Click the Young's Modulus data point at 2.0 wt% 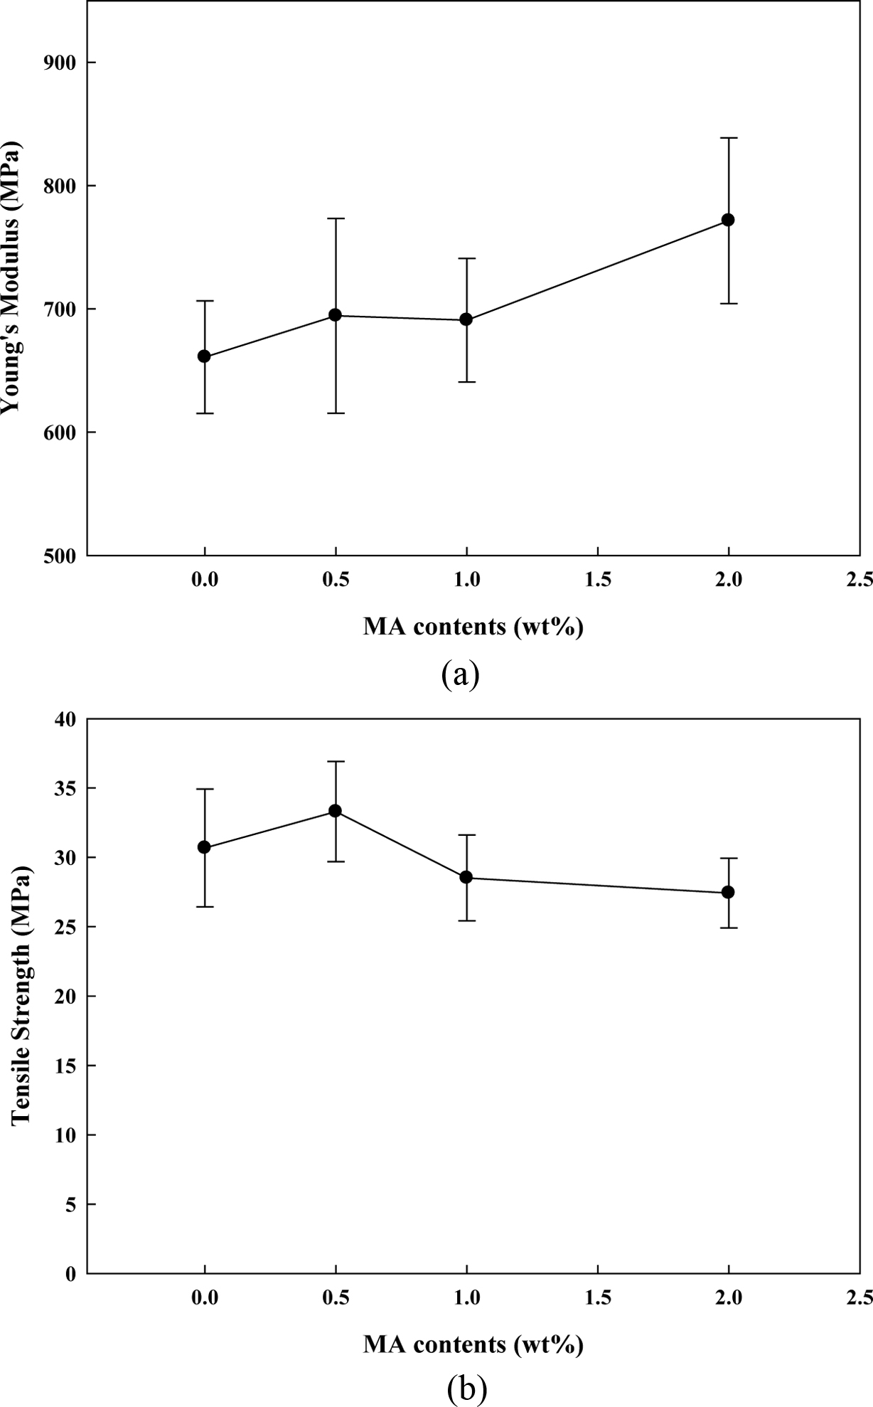(728, 220)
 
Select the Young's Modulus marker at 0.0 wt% (204, 356)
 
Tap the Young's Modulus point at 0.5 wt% (336, 315)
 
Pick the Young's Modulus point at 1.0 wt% (466, 319)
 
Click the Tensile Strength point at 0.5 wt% (336, 811)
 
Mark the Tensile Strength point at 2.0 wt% (728, 892)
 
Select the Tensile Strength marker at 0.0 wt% (204, 847)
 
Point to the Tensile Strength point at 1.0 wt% (466, 877)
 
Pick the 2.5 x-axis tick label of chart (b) (860, 1298)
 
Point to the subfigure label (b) (467, 1388)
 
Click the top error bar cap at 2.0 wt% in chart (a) (728, 138)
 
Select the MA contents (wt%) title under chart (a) (473, 627)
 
